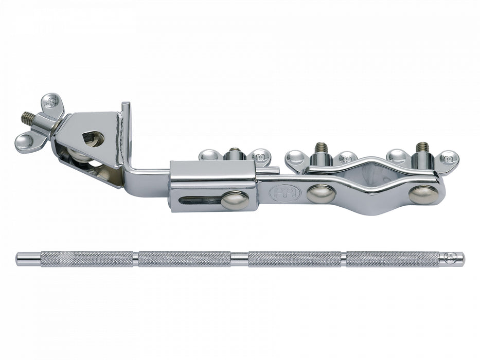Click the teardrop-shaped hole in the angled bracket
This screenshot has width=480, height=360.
coord(94,138)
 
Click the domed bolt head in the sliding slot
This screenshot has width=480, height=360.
coord(235,200)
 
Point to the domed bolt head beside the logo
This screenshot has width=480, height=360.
coord(321,193)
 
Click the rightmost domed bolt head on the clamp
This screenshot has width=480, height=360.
coord(423,194)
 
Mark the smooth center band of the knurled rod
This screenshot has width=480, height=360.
coord(239,259)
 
